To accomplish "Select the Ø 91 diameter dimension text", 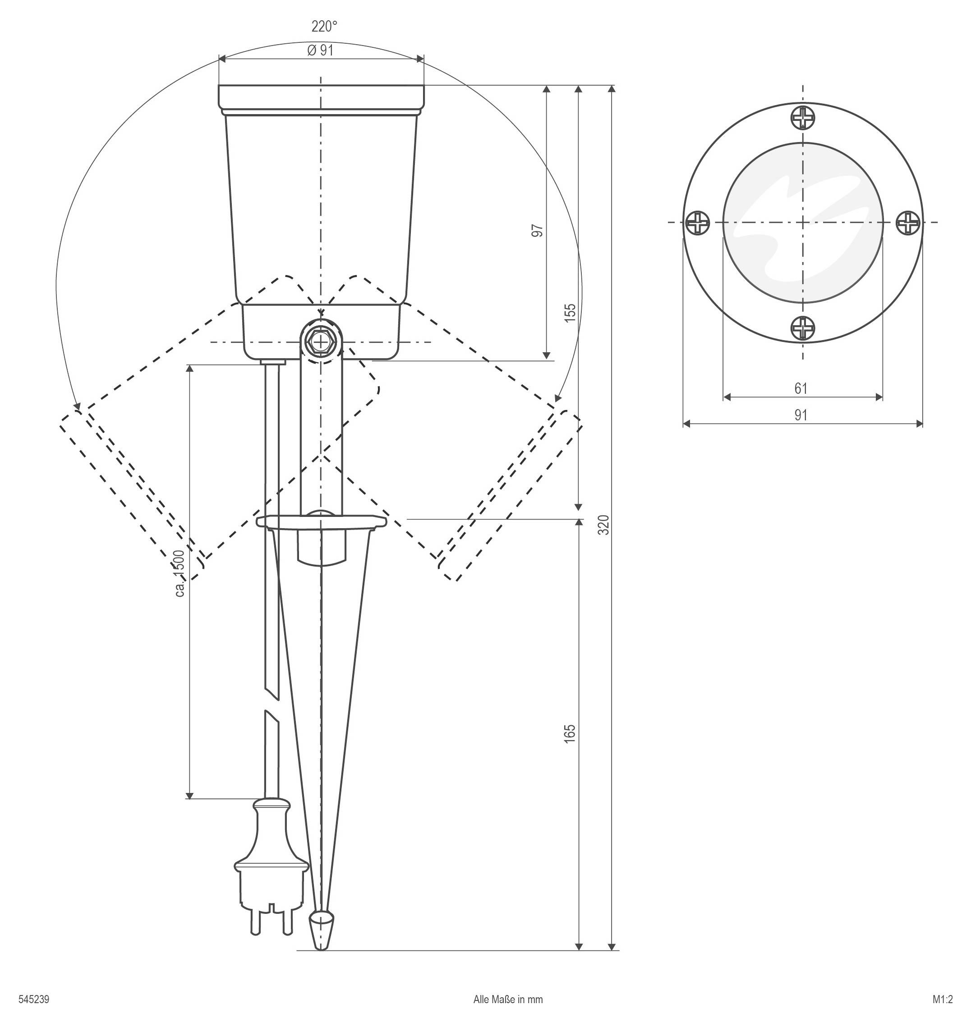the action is tap(320, 50).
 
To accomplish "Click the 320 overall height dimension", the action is tap(603, 525).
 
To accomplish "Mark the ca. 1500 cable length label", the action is tap(179, 573).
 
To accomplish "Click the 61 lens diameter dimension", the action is tap(801, 388).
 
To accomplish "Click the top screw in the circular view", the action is tap(803, 118).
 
